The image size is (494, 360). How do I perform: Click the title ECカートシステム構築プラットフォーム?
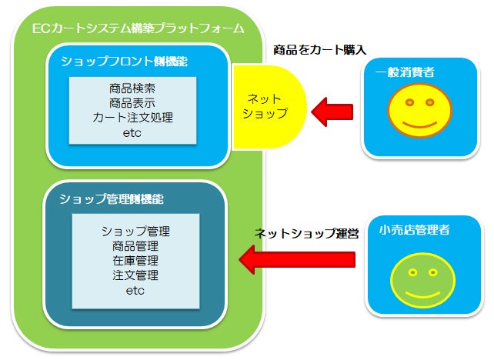(x=139, y=29)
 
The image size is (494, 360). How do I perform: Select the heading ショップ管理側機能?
(x=114, y=199)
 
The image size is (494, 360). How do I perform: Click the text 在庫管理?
(x=135, y=261)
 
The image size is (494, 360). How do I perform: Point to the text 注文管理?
(x=135, y=275)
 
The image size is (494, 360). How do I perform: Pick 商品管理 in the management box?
(x=135, y=246)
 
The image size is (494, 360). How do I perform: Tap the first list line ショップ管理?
(x=135, y=232)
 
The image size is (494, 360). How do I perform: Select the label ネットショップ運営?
(x=307, y=233)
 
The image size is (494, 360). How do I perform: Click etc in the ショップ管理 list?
(x=135, y=291)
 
